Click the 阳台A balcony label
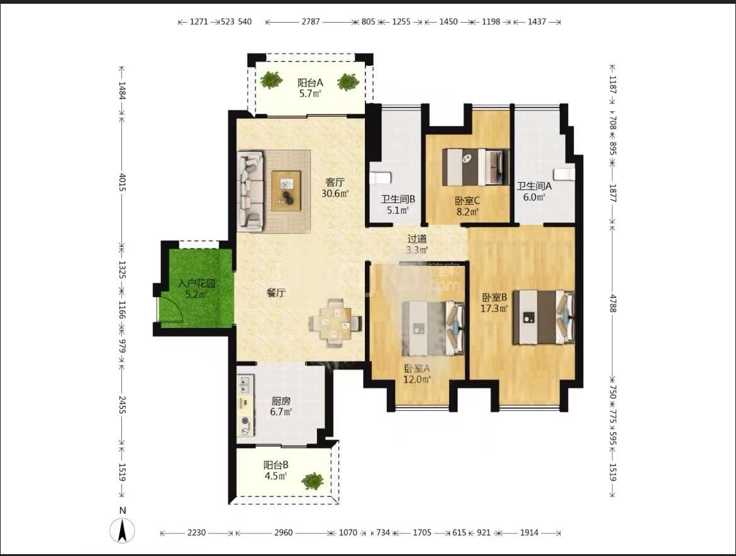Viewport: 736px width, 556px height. click(x=310, y=88)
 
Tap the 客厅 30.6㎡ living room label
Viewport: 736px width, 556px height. click(x=335, y=187)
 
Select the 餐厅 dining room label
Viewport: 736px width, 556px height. click(x=276, y=293)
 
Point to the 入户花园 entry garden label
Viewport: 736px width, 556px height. click(x=197, y=289)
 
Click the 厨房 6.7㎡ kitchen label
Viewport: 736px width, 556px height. click(x=281, y=406)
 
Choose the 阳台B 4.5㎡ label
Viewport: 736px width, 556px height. click(x=276, y=470)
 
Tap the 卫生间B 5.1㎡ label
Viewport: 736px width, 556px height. click(x=398, y=204)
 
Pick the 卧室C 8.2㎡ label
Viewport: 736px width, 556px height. click(x=467, y=206)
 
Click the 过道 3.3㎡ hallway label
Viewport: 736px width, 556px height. click(x=417, y=244)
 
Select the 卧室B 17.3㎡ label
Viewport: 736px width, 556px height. click(x=494, y=303)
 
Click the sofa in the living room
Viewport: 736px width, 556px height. click(x=250, y=191)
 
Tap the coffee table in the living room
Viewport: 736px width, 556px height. click(x=286, y=191)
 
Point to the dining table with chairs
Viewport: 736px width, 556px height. click(x=335, y=322)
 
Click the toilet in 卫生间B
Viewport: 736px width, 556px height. click(x=380, y=178)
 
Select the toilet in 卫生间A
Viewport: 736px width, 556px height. click(x=564, y=174)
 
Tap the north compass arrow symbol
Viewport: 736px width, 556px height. click(x=122, y=531)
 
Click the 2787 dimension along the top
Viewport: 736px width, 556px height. click(x=310, y=21)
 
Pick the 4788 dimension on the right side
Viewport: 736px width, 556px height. click(x=613, y=303)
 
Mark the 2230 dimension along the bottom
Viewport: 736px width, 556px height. click(x=196, y=533)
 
